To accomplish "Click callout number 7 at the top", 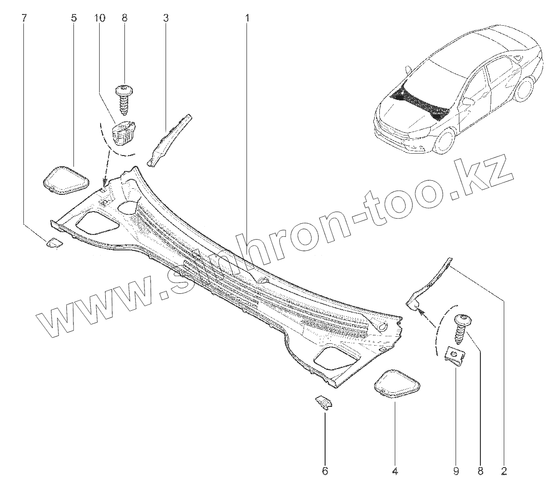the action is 24,18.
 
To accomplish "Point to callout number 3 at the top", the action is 166,18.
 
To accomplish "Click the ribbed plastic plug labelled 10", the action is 124,131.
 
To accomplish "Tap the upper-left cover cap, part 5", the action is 65,180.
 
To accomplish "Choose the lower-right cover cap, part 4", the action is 397,384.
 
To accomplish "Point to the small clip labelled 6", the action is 324,402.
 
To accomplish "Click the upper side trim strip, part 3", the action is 169,139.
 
